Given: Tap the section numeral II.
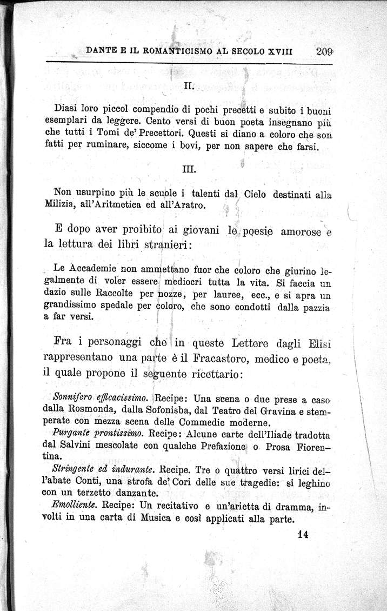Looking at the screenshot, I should pos(189,85).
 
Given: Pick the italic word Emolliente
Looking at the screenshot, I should pos(76,506).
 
